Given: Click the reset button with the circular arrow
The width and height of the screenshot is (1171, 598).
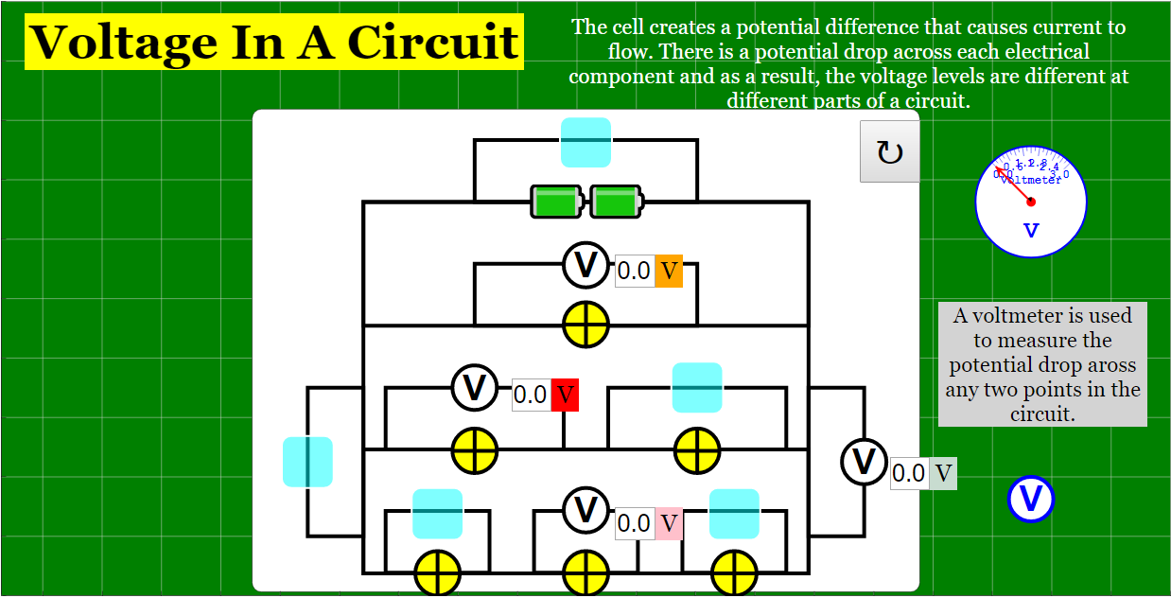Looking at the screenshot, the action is click(x=889, y=151).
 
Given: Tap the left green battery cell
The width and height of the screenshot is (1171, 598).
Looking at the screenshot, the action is click(x=556, y=202).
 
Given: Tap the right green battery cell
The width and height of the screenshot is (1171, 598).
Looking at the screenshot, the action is click(x=616, y=202).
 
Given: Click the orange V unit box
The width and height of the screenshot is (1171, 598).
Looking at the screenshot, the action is click(x=669, y=272).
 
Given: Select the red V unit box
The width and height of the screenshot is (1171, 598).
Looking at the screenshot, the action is click(x=565, y=395).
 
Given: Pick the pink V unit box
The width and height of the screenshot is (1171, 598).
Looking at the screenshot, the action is click(x=669, y=523).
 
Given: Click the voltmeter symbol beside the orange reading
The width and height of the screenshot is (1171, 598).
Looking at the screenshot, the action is click(x=586, y=265).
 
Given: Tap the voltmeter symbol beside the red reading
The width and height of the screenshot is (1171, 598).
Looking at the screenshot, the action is click(x=475, y=387).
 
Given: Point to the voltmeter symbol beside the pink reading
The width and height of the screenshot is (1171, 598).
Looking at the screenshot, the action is click(x=586, y=510).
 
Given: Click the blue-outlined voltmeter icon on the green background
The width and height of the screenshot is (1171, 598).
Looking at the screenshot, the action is click(x=1031, y=499).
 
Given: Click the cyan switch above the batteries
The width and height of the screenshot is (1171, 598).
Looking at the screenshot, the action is click(x=585, y=142).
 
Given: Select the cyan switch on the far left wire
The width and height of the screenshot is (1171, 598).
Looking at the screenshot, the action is click(x=307, y=462).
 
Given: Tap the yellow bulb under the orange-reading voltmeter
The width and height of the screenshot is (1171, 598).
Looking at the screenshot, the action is click(x=586, y=325).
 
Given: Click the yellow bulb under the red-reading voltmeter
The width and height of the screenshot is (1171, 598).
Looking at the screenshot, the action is click(x=474, y=450).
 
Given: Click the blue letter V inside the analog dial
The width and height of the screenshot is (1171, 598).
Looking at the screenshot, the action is click(x=1031, y=230).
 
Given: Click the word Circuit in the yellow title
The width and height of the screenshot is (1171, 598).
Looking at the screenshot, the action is click(x=433, y=42).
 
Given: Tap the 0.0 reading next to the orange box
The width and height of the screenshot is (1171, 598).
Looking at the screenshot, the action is click(x=634, y=272).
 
